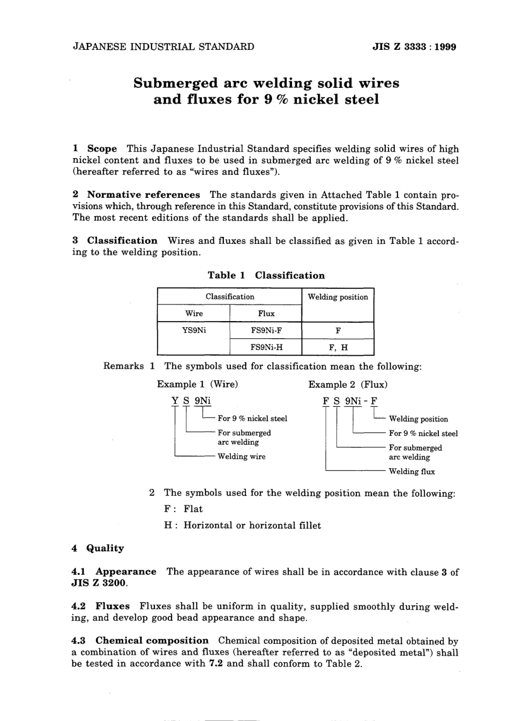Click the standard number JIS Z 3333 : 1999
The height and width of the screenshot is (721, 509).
tap(414, 47)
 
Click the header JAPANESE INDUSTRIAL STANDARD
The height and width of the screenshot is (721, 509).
tap(163, 47)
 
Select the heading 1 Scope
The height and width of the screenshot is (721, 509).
tap(95, 148)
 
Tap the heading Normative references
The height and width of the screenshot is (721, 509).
tap(143, 195)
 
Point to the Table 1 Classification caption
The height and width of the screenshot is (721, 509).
tap(266, 276)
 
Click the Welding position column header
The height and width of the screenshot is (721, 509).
tap(338, 297)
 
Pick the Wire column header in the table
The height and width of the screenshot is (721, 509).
tap(193, 314)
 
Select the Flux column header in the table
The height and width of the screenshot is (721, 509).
tap(266, 314)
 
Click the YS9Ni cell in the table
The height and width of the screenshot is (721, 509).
tap(193, 331)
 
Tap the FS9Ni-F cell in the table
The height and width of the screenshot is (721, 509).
tap(266, 331)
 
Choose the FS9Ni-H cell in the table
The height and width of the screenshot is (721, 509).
tap(266, 347)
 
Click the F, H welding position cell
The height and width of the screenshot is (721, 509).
tap(338, 347)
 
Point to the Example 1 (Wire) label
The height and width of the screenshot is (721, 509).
tap(197, 384)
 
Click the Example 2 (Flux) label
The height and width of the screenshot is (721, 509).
tap(348, 384)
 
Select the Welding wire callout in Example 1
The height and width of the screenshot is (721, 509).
tap(241, 457)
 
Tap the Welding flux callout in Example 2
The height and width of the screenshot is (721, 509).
tap(411, 472)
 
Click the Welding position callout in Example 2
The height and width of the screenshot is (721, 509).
tap(418, 419)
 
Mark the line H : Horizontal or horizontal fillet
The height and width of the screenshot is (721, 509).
tap(242, 525)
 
